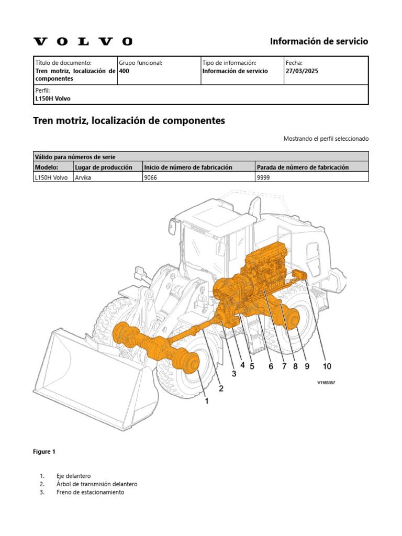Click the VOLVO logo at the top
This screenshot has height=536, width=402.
(83, 41)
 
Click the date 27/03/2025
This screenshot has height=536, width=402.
(302, 71)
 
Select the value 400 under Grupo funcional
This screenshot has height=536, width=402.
(124, 71)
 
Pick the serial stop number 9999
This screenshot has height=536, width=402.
(263, 177)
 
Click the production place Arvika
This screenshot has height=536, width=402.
(84, 177)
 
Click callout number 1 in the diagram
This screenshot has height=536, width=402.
(207, 401)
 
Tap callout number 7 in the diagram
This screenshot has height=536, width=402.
(284, 366)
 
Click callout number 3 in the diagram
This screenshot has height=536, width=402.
(233, 374)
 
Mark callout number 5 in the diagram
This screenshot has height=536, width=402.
(252, 366)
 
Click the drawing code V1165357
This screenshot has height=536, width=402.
(326, 383)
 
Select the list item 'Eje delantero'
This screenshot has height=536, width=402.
(73, 476)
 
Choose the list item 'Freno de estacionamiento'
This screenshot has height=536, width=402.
(90, 493)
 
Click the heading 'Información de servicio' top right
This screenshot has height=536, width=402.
(319, 41)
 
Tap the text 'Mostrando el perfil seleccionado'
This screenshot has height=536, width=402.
(326, 139)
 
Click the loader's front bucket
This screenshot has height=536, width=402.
(94, 377)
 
